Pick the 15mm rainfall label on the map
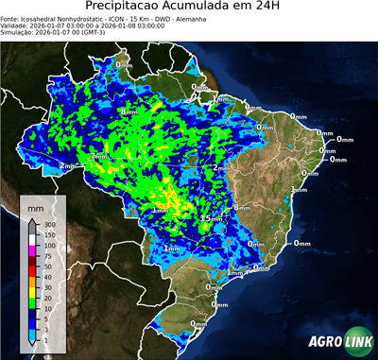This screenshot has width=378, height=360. pos(209,218)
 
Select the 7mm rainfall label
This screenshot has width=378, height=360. pos(99,156)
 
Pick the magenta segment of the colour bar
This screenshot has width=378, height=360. pos(32,249)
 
